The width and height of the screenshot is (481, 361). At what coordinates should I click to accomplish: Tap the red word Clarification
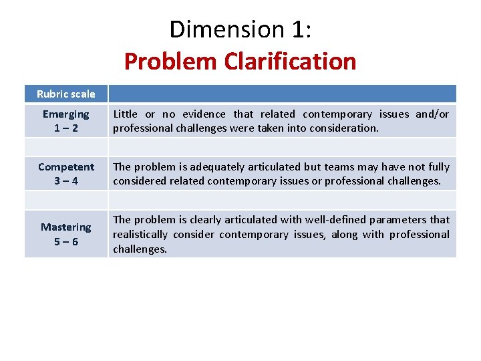click(x=290, y=62)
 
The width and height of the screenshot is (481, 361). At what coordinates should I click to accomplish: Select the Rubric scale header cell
click(x=66, y=94)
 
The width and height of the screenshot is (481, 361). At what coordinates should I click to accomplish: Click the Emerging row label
click(x=66, y=114)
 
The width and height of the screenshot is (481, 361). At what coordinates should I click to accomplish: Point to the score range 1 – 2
click(x=66, y=128)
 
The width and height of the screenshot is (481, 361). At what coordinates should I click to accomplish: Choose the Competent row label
click(x=66, y=166)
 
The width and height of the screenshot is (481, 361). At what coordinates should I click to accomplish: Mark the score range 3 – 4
click(x=66, y=180)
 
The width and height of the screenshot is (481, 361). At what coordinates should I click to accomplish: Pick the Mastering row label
click(x=66, y=227)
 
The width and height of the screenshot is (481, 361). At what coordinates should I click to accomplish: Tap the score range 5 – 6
click(x=66, y=241)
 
